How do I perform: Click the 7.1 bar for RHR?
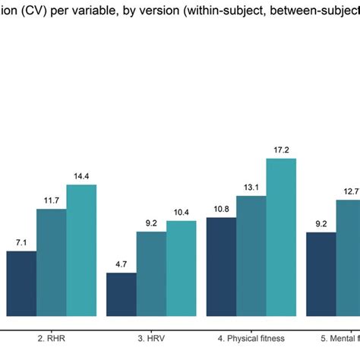click(x=21, y=283)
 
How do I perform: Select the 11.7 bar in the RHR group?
click(x=52, y=262)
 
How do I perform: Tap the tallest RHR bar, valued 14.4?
click(x=81, y=250)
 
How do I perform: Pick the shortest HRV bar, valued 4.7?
click(x=122, y=294)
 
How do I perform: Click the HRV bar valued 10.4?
click(x=181, y=268)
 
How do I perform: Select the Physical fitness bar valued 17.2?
click(x=281, y=237)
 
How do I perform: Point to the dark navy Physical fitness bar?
click(x=221, y=267)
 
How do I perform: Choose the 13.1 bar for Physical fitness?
click(x=251, y=256)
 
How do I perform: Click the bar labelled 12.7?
click(x=349, y=257)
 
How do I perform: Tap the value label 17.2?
click(x=281, y=150)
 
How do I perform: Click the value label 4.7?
click(x=122, y=265)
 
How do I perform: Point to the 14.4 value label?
click(x=81, y=177)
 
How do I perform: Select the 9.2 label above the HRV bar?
click(x=151, y=223)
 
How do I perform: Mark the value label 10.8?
click(x=221, y=209)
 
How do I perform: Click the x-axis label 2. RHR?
click(x=51, y=336)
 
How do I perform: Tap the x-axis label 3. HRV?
click(x=151, y=336)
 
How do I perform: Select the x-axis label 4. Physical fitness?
click(x=251, y=336)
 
